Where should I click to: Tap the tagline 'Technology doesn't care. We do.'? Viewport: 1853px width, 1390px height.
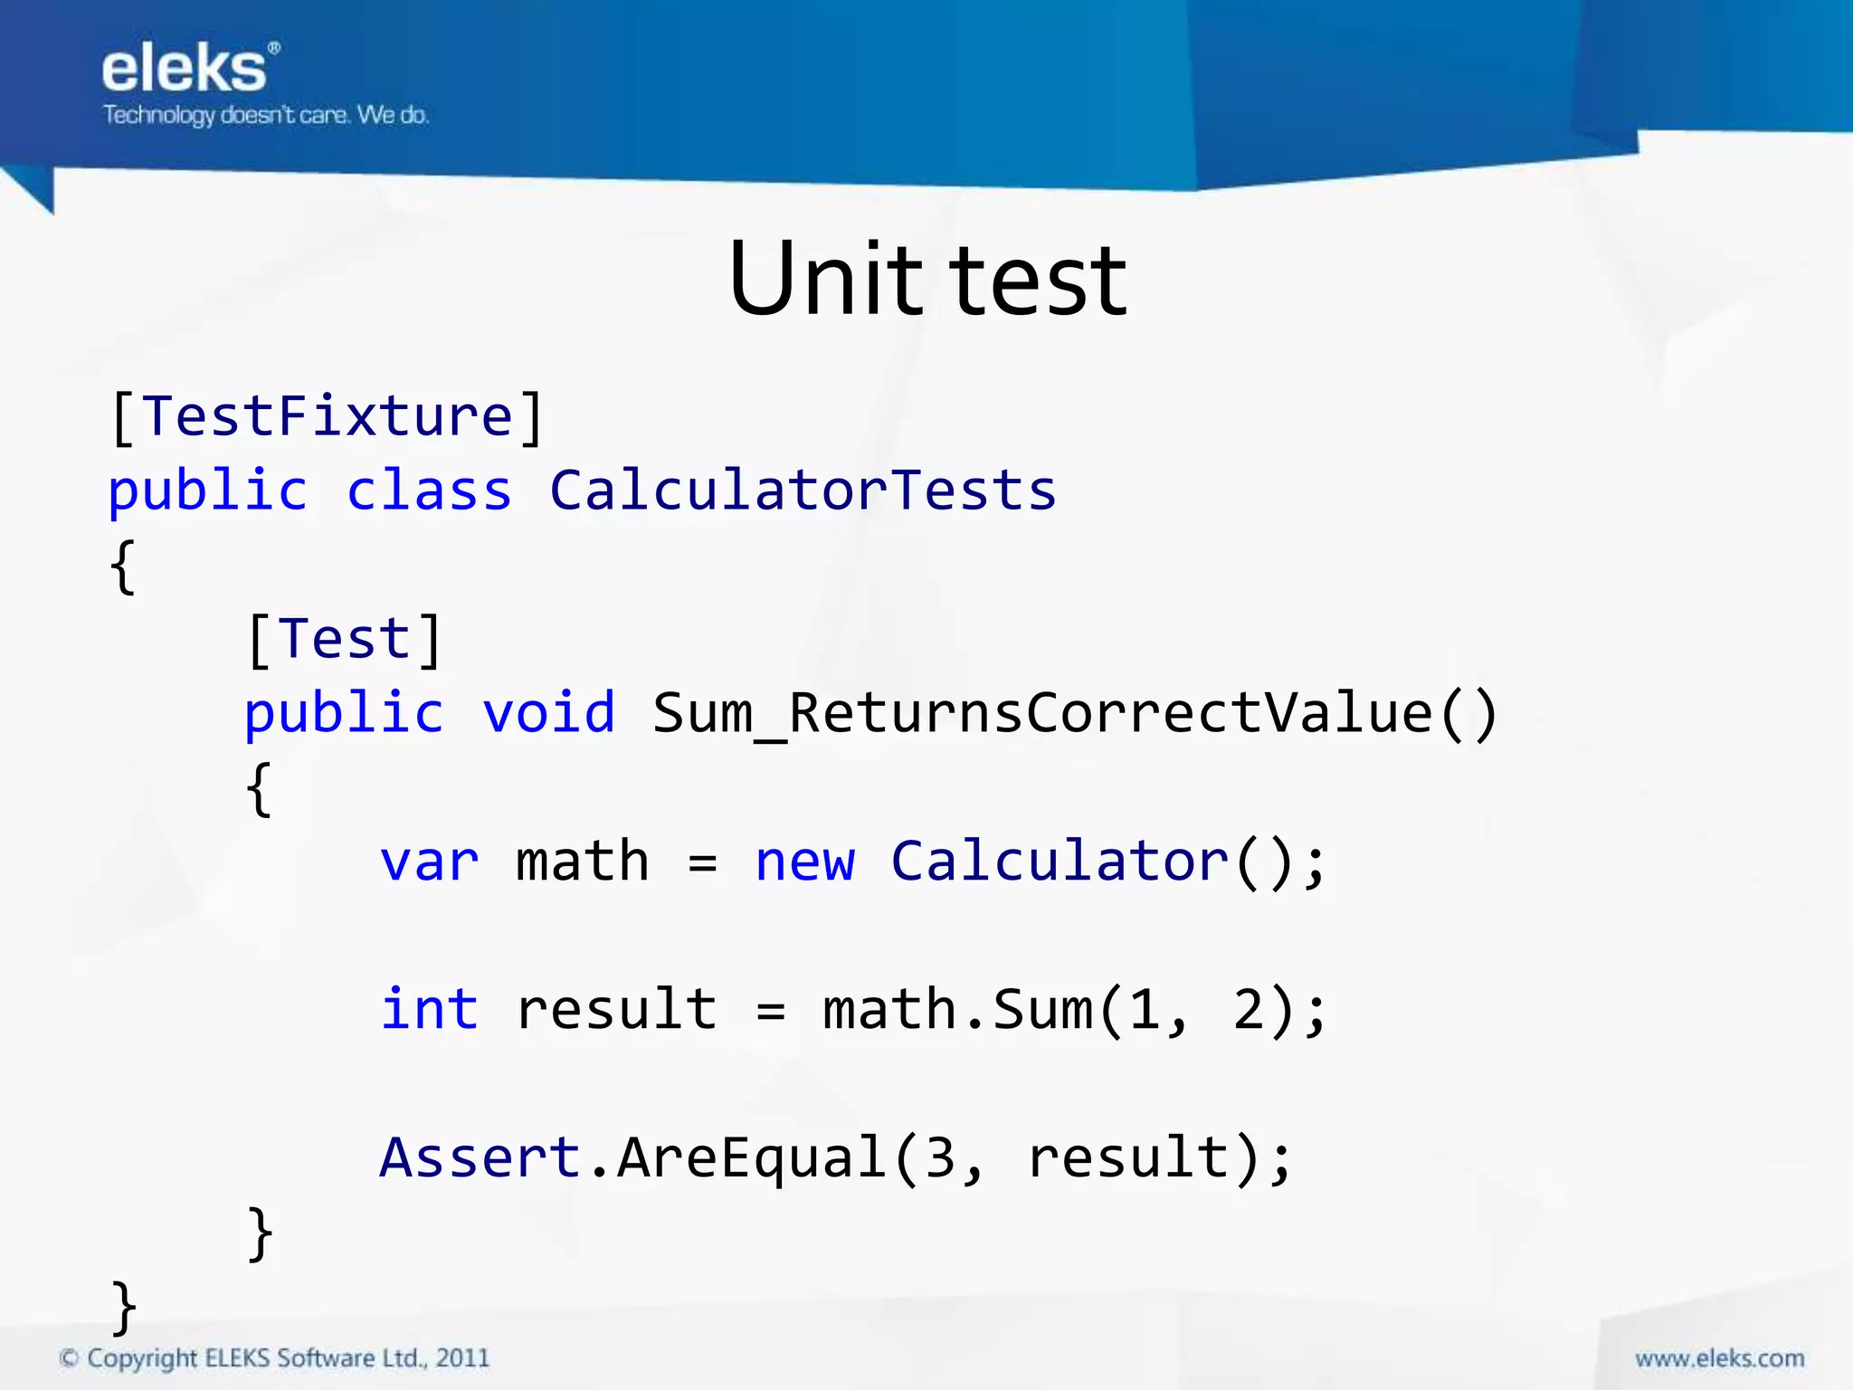pyautogui.click(x=265, y=115)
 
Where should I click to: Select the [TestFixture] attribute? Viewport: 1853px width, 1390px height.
pyautogui.click(x=326, y=417)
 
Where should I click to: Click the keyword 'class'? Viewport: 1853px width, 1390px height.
pyautogui.click(x=429, y=491)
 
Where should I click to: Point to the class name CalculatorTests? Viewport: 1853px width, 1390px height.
pyautogui.click(x=803, y=491)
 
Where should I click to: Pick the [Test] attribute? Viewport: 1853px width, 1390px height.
pyautogui.click(x=344, y=639)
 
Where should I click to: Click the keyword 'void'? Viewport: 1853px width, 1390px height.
pyautogui.click(x=548, y=713)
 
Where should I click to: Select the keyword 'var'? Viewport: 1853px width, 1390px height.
pyautogui.click(x=429, y=862)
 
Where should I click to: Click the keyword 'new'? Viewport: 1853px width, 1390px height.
pyautogui.click(x=804, y=862)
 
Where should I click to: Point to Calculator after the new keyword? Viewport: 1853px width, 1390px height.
pyautogui.click(x=1060, y=862)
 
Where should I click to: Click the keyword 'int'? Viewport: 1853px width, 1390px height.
pyautogui.click(x=429, y=1010)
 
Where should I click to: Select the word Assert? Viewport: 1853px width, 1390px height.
pyautogui.click(x=480, y=1157)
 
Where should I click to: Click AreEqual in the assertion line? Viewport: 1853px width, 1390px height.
pyautogui.click(x=751, y=1157)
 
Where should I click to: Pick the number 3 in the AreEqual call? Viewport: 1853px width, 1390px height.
pyautogui.click(x=940, y=1157)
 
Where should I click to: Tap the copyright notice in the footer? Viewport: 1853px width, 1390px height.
pyautogui.click(x=274, y=1358)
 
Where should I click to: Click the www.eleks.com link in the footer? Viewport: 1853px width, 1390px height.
pyautogui.click(x=1719, y=1358)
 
